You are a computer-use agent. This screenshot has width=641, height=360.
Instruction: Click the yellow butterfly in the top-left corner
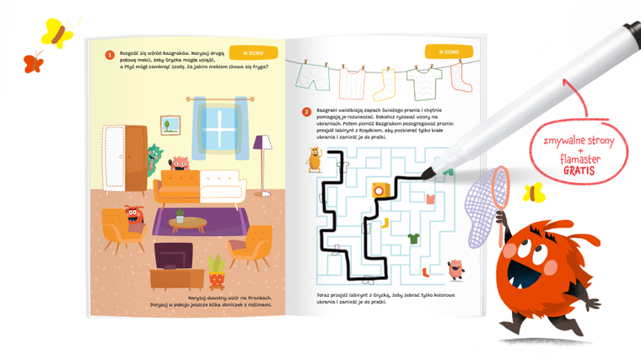[56, 32]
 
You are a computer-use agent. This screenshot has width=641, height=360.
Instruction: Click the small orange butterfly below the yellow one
[34, 62]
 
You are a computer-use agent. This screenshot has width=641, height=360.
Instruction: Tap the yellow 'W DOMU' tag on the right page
[444, 51]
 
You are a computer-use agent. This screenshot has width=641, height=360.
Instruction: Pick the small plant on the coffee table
[179, 216]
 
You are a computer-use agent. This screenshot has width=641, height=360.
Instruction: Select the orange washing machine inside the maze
[382, 191]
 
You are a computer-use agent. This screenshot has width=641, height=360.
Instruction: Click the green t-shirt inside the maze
[413, 239]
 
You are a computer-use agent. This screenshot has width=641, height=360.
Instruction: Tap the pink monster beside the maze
[455, 269]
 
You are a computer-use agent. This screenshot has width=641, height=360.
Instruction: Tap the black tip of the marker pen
[429, 175]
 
